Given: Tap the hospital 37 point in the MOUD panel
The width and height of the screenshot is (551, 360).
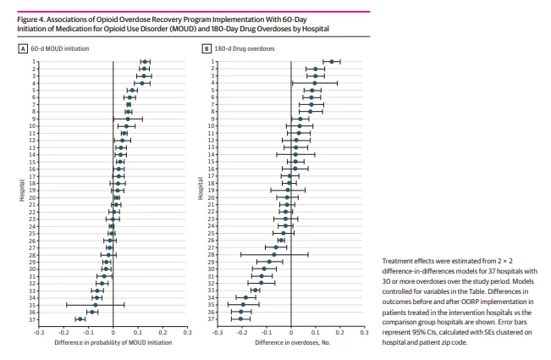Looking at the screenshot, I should click(x=80, y=318).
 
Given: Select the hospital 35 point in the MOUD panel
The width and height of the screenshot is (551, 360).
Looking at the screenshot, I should click(x=95, y=304).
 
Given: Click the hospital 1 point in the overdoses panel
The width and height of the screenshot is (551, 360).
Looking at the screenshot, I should click(x=333, y=62).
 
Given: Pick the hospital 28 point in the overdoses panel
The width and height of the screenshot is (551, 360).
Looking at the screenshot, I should click(x=274, y=254).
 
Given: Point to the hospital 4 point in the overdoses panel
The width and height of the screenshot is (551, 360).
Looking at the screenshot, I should click(x=314, y=83).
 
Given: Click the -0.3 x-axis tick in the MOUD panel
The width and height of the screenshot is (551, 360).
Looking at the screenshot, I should click(x=39, y=332).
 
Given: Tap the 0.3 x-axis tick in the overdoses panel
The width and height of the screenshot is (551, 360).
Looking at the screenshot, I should click(x=364, y=332).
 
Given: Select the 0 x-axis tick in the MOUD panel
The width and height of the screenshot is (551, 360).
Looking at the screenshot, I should click(x=113, y=332).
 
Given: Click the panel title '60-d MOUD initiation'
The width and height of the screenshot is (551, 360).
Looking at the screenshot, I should click(x=58, y=48).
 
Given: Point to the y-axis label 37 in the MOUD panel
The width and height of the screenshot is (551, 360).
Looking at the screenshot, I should click(x=32, y=318).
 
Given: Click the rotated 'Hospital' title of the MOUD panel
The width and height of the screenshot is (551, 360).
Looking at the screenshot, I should click(x=19, y=190).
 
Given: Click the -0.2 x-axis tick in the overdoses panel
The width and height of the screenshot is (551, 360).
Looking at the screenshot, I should click(x=241, y=332).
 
